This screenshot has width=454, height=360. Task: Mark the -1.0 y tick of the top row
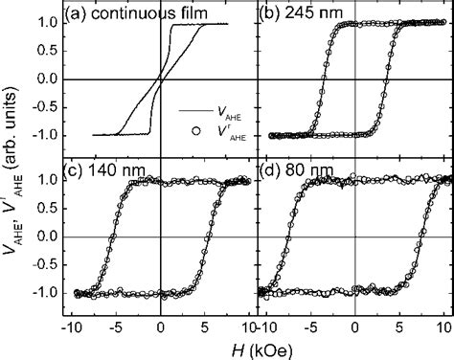point(48,135)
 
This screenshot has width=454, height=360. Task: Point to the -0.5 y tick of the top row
point(48,107)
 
